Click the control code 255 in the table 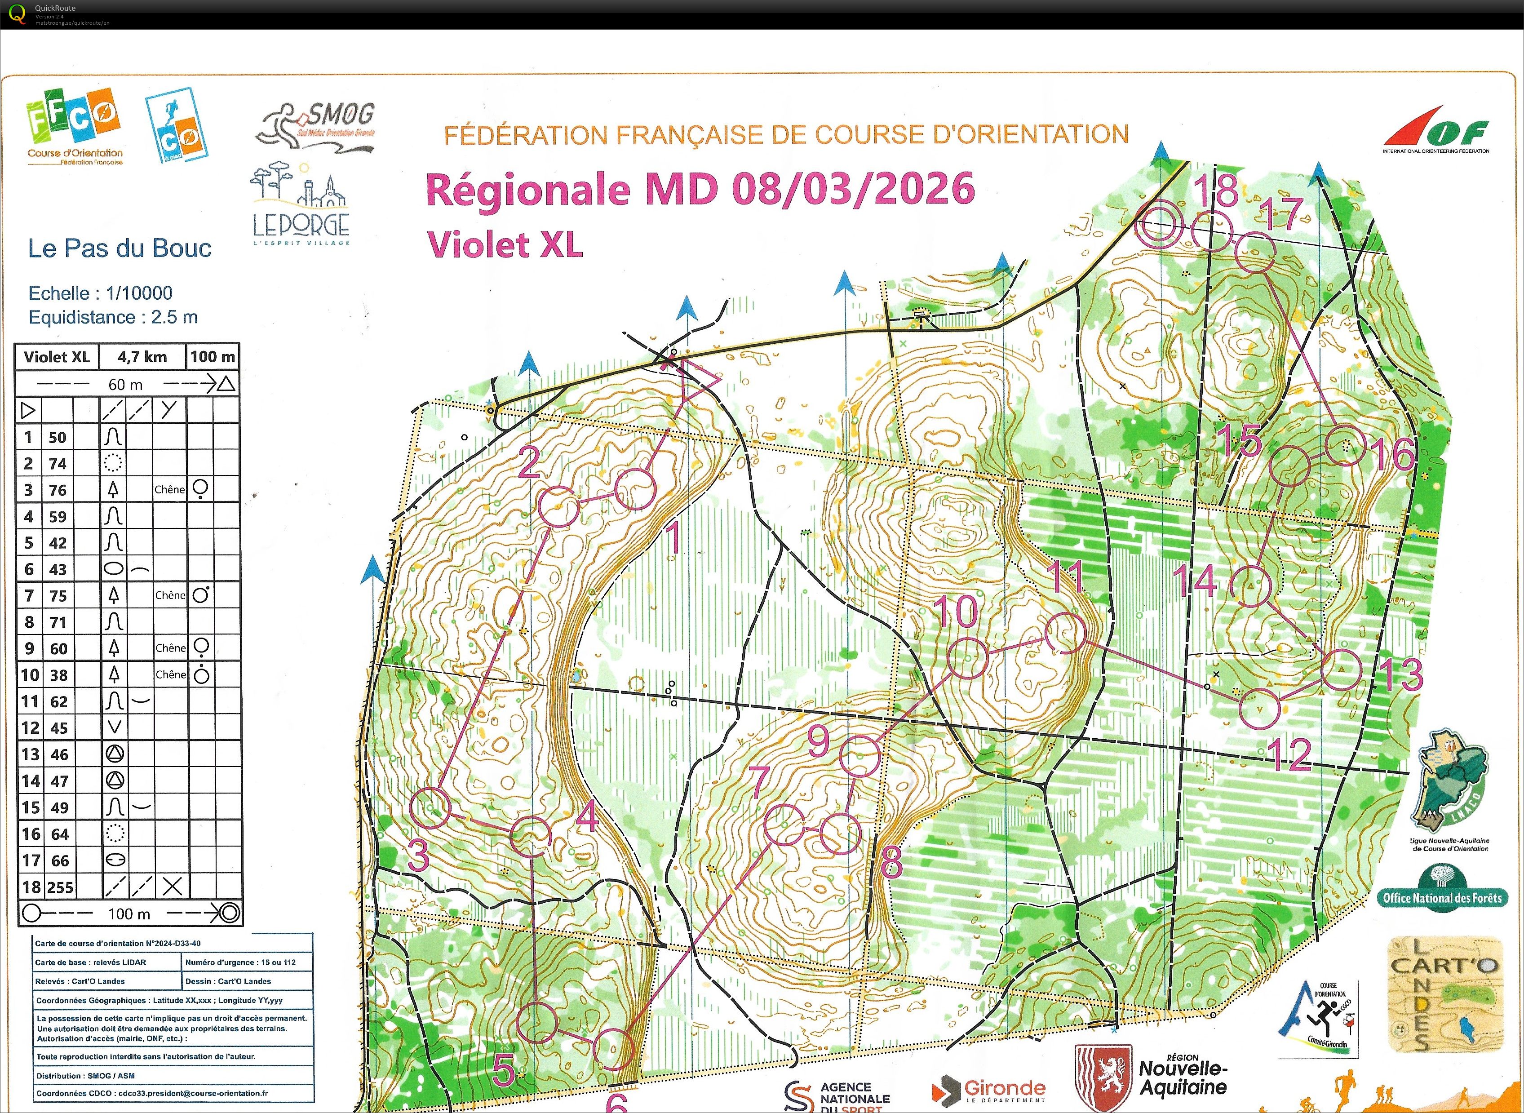coord(60,887)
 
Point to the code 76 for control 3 coord(58,490)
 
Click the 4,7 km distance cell coord(142,357)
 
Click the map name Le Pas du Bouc coord(119,248)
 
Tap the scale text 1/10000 coord(139,293)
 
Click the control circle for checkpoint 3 coord(430,808)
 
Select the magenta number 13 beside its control coord(1401,674)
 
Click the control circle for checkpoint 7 coord(785,824)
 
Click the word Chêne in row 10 coord(170,674)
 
